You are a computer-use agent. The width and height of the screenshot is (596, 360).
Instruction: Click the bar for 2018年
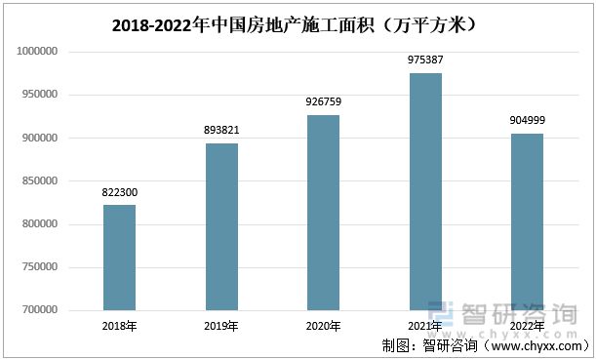[119, 258]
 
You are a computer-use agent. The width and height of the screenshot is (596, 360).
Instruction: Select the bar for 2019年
[220, 226]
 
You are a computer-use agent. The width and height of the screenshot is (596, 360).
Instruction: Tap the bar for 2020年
[323, 213]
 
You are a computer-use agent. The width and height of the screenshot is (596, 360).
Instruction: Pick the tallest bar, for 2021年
[424, 191]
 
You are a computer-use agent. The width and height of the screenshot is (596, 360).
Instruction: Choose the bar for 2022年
[527, 221]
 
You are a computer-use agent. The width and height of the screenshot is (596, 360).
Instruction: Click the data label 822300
[119, 193]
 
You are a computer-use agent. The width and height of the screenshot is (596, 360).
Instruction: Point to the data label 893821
[220, 132]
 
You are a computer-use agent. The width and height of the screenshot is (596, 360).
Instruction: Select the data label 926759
[323, 102]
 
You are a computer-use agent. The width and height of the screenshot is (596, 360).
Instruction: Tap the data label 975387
[424, 60]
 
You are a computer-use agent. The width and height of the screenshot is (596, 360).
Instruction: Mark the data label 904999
[527, 121]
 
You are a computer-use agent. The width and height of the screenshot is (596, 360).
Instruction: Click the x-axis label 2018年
[119, 326]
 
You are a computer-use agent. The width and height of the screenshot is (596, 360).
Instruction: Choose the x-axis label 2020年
[323, 326]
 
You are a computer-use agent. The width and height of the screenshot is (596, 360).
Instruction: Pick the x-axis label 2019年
[220, 326]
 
